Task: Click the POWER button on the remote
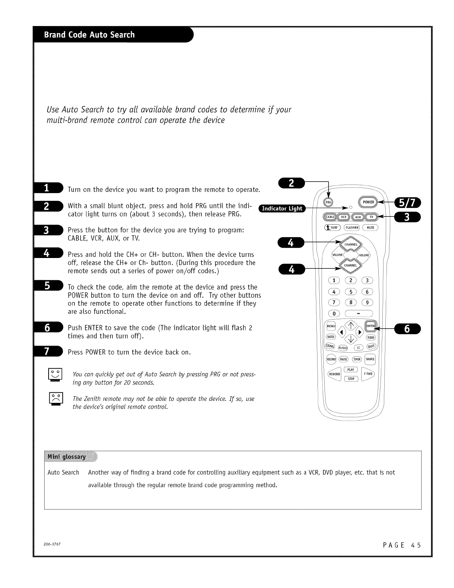pyautogui.click(x=368, y=202)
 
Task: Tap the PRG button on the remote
pyautogui.click(x=328, y=202)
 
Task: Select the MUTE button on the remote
pyautogui.click(x=370, y=228)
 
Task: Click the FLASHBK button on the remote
pyautogui.click(x=352, y=228)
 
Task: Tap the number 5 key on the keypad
pyautogui.click(x=351, y=292)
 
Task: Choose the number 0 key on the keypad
pyautogui.click(x=334, y=313)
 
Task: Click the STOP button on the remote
pyautogui.click(x=351, y=379)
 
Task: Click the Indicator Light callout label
pyautogui.click(x=282, y=208)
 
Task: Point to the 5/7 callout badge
pyautogui.click(x=408, y=203)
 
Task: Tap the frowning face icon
pyautogui.click(x=56, y=399)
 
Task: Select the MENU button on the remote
pyautogui.click(x=331, y=326)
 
